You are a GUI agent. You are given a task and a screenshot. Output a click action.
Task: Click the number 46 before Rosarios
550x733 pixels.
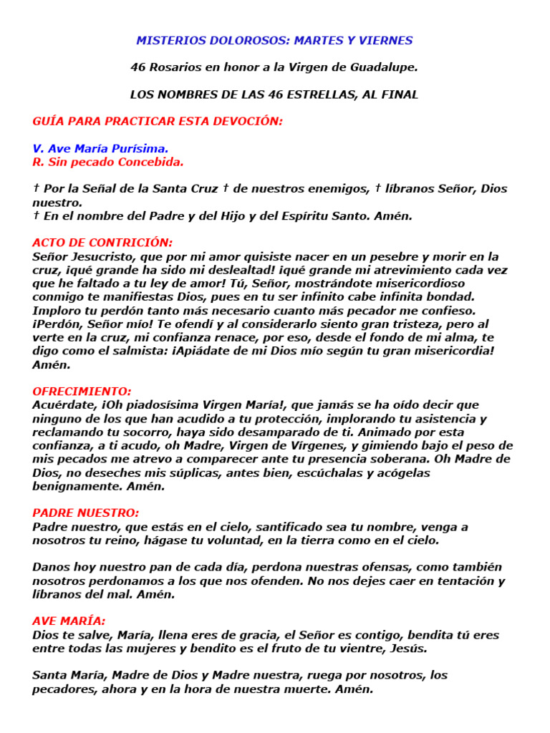(x=137, y=67)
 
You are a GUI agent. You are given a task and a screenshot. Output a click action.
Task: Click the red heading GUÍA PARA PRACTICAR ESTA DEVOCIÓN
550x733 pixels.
(x=158, y=122)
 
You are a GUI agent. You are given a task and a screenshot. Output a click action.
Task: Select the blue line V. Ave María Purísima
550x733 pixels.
(x=100, y=149)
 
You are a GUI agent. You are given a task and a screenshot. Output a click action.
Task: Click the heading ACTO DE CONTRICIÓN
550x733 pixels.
(x=102, y=243)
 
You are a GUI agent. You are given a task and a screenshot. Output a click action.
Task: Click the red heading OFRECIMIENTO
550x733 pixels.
(x=82, y=392)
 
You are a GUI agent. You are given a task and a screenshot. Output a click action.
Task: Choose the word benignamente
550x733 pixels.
(x=80, y=486)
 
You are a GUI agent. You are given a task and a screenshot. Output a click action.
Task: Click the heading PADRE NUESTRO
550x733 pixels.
(x=86, y=513)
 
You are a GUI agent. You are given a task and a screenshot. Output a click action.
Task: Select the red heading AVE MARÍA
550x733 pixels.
(x=69, y=621)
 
